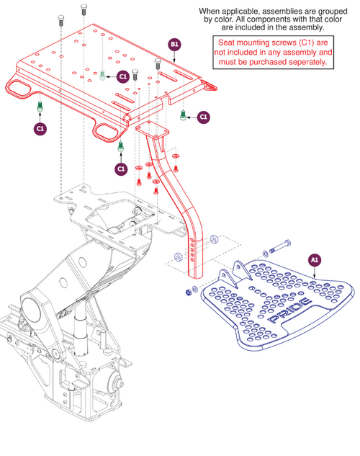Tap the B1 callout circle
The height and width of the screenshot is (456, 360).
pyautogui.click(x=174, y=45)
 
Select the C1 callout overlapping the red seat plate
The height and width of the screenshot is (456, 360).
pyautogui.click(x=123, y=76)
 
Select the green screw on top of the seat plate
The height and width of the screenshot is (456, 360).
pyautogui.click(x=103, y=75)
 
